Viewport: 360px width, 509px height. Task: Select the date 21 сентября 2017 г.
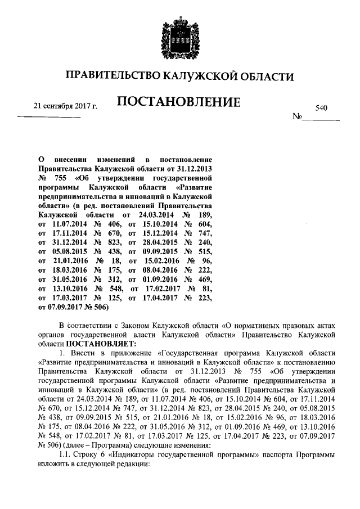(x=65, y=105)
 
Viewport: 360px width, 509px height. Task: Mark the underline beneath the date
(x=49, y=117)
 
